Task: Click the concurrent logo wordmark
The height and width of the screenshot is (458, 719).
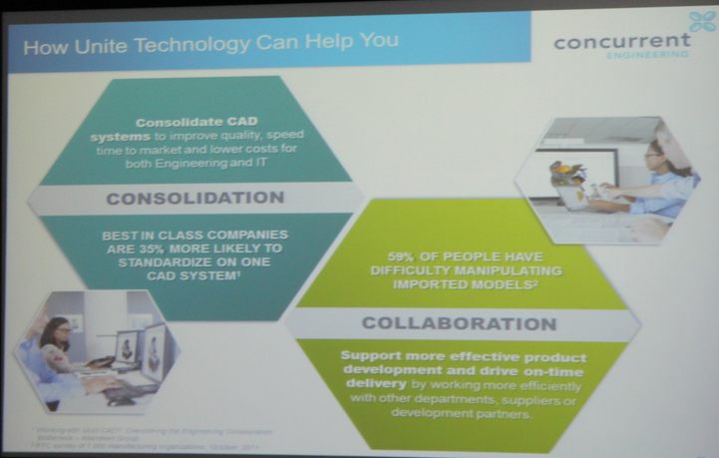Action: click(x=621, y=41)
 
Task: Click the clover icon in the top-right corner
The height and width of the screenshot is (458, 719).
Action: click(x=702, y=21)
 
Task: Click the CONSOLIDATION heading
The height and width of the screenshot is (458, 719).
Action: click(x=195, y=198)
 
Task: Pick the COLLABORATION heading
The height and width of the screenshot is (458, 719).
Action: click(x=459, y=323)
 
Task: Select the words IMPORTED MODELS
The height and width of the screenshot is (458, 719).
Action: click(x=458, y=284)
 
